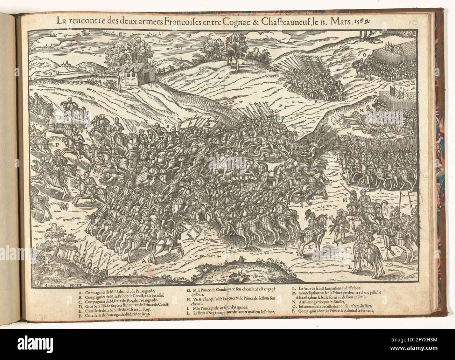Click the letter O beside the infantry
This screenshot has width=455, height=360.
[364, 55]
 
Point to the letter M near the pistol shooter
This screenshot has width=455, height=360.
[344, 200]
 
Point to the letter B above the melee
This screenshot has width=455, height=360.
[168, 125]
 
